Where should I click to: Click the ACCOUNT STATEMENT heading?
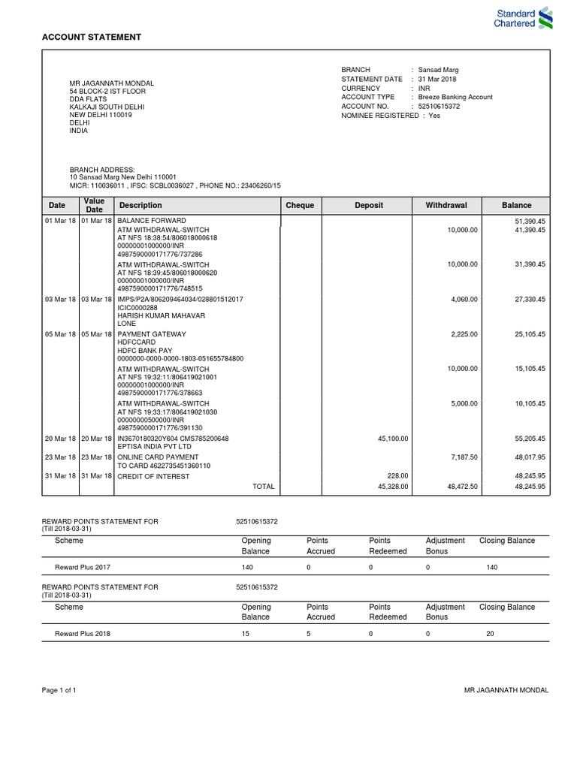click(x=90, y=37)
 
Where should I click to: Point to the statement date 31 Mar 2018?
click(x=437, y=79)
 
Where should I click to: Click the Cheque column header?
click(x=301, y=205)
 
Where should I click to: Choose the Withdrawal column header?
click(x=446, y=205)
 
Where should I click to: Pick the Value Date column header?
click(x=94, y=205)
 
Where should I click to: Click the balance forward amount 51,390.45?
click(x=530, y=221)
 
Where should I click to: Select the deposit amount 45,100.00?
click(x=393, y=438)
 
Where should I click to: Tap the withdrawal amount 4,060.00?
click(x=463, y=299)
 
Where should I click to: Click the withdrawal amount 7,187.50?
click(x=463, y=456)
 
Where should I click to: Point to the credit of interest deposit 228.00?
click(x=398, y=475)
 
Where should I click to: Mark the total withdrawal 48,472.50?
click(x=461, y=486)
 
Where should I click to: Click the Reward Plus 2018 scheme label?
click(x=83, y=633)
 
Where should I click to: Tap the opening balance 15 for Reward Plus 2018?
click(x=246, y=633)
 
